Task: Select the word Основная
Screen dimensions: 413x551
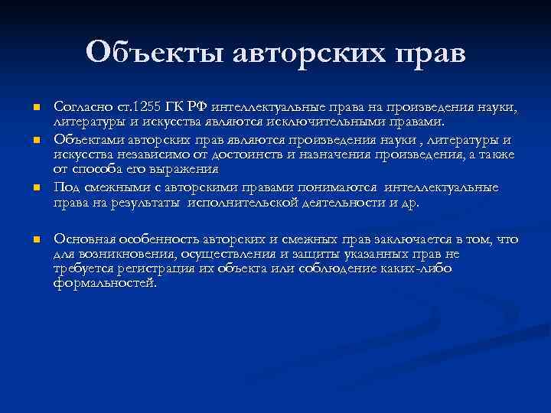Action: click(83, 239)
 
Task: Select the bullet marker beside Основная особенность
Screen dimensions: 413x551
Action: click(35, 240)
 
